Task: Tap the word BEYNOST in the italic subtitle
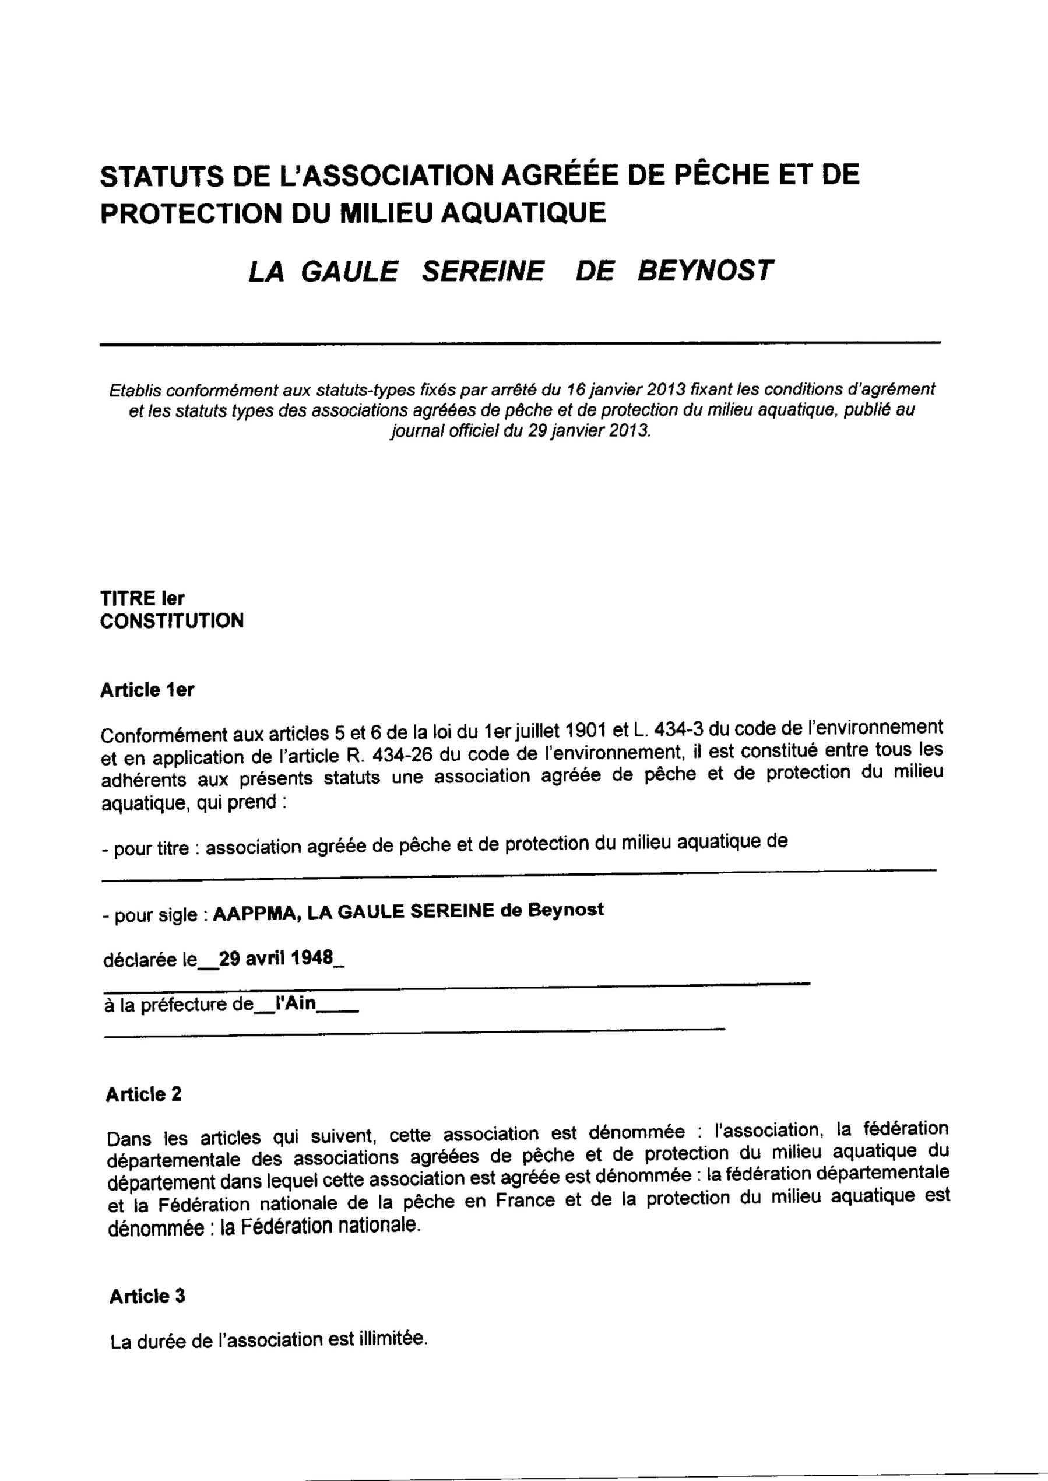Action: [x=705, y=271]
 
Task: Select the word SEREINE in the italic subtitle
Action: [x=483, y=271]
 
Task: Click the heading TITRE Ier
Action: [x=142, y=598]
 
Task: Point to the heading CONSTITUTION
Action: [x=171, y=621]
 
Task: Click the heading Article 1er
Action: [x=147, y=690]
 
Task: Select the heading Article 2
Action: [x=143, y=1094]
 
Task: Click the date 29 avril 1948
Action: [x=276, y=959]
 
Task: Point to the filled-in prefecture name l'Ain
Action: [x=295, y=1005]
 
